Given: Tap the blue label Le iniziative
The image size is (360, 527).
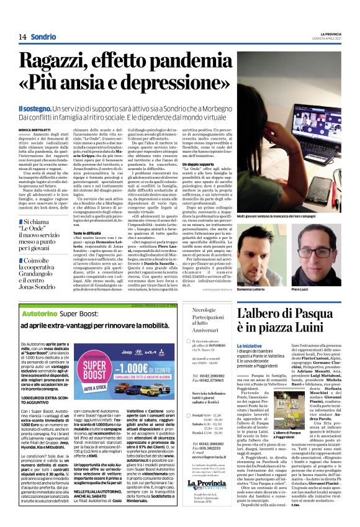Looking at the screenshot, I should (x=248, y=345).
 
